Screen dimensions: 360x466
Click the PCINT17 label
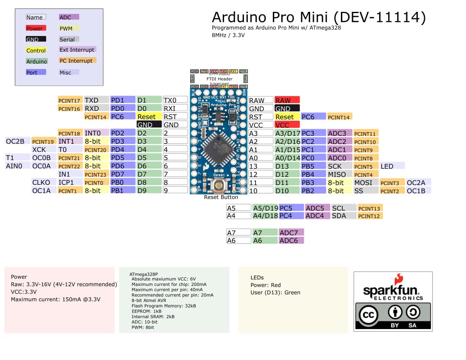pos(70,100)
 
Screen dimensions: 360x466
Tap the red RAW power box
pos(287,100)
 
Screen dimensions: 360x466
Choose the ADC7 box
pos(291,233)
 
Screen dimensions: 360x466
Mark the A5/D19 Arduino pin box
pos(265,208)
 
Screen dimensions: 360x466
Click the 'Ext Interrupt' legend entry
pos(77,50)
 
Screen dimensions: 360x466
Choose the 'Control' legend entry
pos(36,50)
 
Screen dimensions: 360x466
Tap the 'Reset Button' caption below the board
pos(221,197)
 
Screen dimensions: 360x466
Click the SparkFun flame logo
pos(398,279)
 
